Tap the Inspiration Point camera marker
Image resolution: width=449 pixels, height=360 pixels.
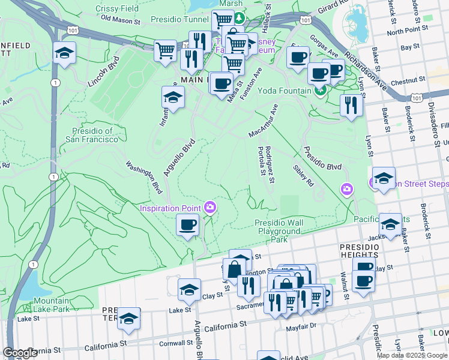(209, 208)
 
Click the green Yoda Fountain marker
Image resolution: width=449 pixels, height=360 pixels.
(320, 91)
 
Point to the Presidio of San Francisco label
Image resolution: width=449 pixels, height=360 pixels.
(92, 135)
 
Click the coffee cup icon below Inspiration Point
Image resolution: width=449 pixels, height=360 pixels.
(187, 225)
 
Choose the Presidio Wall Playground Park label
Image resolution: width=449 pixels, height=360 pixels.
(279, 230)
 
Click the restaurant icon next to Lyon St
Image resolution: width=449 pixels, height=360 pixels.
(351, 105)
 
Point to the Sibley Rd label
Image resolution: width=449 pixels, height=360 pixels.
(303, 175)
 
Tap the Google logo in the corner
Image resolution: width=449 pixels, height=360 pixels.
(20, 353)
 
